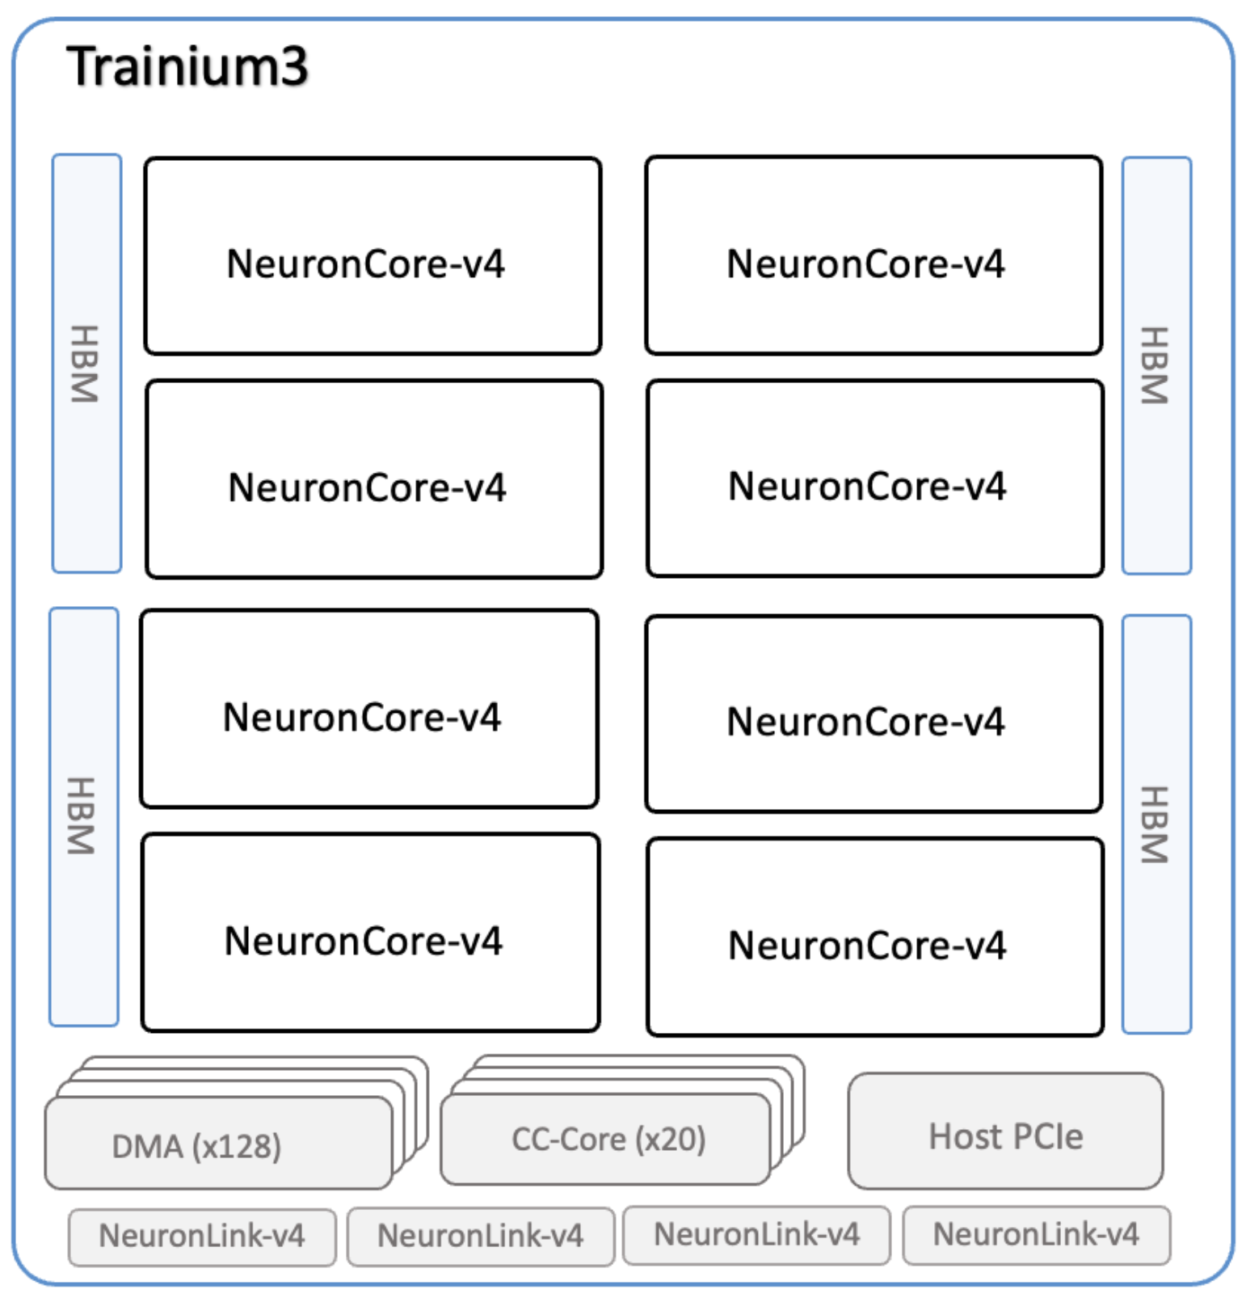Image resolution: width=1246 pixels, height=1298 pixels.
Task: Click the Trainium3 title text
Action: pyautogui.click(x=187, y=66)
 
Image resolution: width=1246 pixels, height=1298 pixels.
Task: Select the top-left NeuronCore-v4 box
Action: pyautogui.click(x=373, y=256)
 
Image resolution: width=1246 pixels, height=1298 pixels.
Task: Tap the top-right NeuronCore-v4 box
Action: pyautogui.click(x=873, y=255)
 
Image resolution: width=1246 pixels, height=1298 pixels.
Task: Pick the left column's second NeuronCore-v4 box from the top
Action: pyautogui.click(x=374, y=479)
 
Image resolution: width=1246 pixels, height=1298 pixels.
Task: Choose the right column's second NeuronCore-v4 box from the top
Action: pyautogui.click(x=875, y=478)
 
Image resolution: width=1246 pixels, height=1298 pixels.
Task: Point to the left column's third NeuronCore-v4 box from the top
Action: pyautogui.click(x=369, y=709)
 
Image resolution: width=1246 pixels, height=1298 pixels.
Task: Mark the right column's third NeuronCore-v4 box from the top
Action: pyautogui.click(x=873, y=714)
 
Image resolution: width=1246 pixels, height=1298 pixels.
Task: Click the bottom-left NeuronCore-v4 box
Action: pyautogui.click(x=371, y=933)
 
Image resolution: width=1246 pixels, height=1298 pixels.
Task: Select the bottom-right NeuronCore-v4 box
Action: pyautogui.click(x=875, y=937)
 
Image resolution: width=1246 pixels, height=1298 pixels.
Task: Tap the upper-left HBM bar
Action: pyautogui.click(x=86, y=364)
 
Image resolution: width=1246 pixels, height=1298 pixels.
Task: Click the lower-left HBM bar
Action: pyautogui.click(x=84, y=816)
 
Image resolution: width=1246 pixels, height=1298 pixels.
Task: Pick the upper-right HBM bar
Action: pyautogui.click(x=1156, y=365)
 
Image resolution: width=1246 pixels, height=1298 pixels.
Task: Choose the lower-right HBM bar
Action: pyautogui.click(x=1156, y=824)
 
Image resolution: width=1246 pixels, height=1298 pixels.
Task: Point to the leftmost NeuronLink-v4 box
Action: pyautogui.click(x=202, y=1236)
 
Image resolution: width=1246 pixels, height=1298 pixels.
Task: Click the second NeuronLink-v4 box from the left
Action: pyautogui.click(x=481, y=1236)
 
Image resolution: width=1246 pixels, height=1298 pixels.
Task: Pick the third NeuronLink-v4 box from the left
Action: pyautogui.click(x=757, y=1234)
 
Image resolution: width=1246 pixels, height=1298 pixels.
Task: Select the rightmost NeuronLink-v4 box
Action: pyautogui.click(x=1036, y=1234)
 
